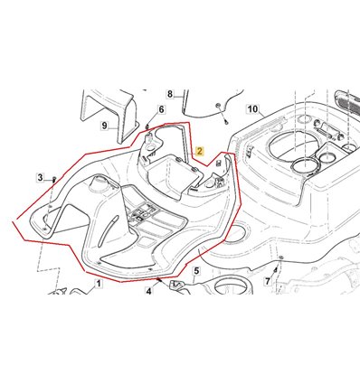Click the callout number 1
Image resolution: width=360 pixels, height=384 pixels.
coord(99,284)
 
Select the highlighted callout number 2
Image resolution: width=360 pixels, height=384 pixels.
coord(200,151)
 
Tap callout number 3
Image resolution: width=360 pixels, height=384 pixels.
coord(41,177)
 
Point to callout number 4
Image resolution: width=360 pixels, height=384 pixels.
coord(149,291)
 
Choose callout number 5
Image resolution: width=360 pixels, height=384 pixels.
coord(196,271)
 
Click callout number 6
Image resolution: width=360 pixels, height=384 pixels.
coord(161,109)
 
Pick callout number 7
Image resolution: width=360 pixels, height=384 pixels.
coord(268,282)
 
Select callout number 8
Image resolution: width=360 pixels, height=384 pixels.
coord(170,94)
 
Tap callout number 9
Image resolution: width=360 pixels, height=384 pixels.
coord(104,126)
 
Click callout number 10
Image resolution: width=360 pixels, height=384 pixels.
coord(252,108)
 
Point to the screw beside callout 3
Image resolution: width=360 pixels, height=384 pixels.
coord(54,180)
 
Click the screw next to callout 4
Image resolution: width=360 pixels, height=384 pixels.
coord(159,281)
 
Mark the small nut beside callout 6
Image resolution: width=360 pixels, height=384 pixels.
coord(147,126)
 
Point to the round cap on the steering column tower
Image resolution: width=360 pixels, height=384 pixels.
coord(99,182)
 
